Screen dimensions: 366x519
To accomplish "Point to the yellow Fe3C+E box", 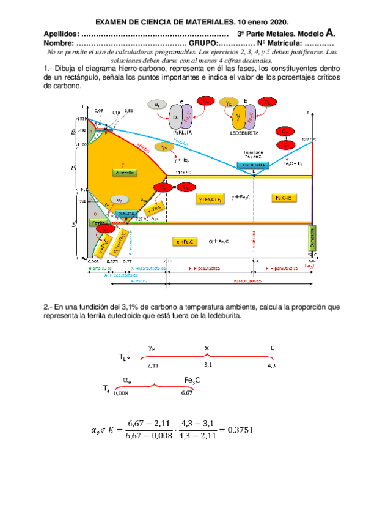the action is (284, 198).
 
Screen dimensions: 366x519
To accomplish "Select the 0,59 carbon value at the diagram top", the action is (128, 110).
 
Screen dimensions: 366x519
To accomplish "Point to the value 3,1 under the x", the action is (208, 364).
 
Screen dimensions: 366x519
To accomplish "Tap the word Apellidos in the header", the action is (61, 34).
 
